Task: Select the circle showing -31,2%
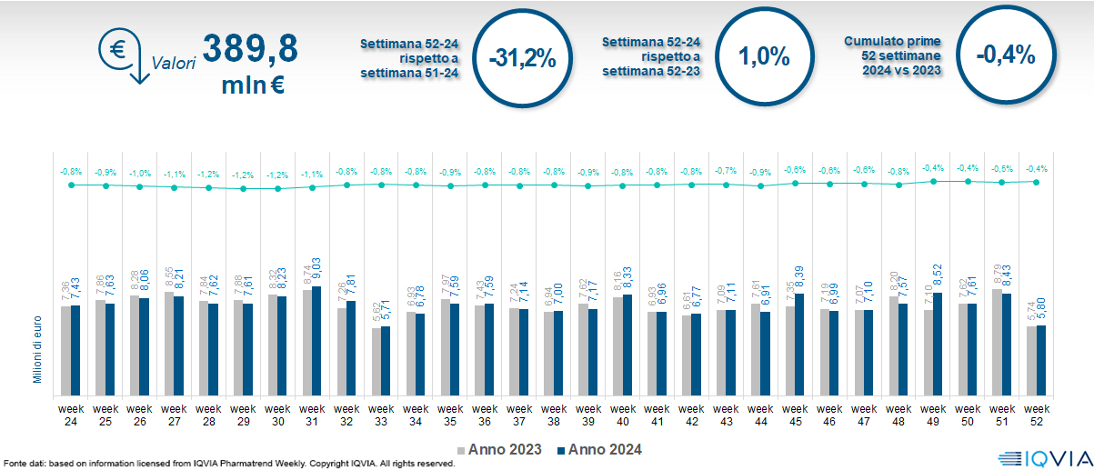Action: coord(521,57)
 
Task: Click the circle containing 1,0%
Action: coord(763,56)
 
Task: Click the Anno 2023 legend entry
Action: coord(499,449)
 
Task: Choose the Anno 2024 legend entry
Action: coord(599,449)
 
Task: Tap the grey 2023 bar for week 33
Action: coord(376,360)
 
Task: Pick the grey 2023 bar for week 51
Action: coord(998,341)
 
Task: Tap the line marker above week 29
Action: coord(243,189)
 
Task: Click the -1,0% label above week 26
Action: coord(139,173)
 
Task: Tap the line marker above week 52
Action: coord(1036,181)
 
